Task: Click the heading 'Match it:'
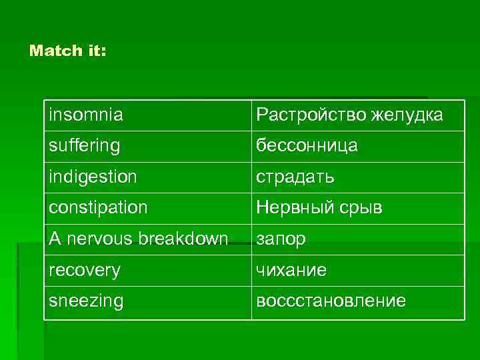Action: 67,51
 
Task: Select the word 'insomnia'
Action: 85,115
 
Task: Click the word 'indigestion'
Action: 93,177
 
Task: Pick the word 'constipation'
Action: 98,208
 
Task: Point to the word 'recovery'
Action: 84,270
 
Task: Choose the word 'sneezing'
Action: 86,301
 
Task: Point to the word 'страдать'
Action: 295,177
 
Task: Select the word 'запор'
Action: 281,239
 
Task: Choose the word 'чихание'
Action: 291,270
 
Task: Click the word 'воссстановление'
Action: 331,301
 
